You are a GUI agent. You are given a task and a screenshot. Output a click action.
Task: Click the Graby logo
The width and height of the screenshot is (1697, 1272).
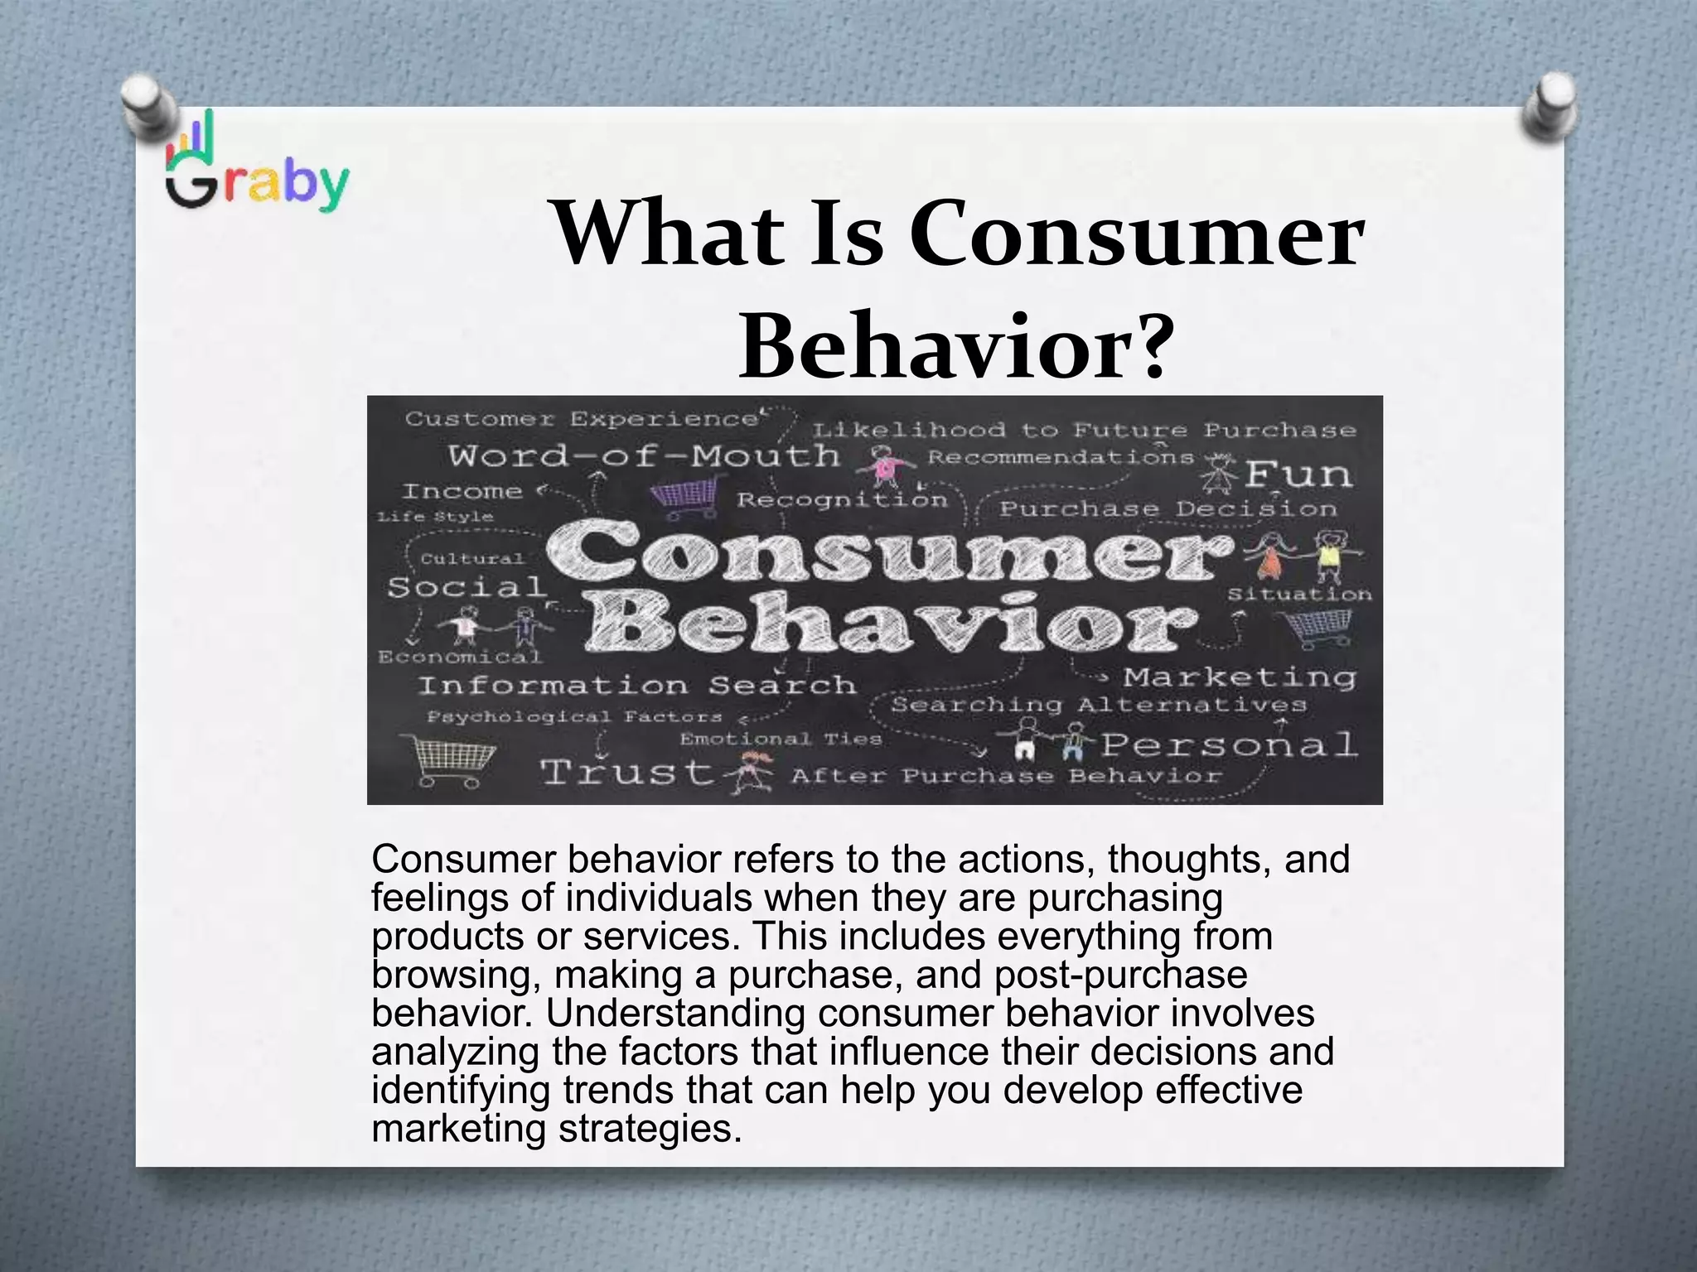pyautogui.click(x=257, y=166)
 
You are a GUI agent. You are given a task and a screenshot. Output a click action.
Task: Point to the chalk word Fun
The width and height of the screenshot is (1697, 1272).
pyautogui.click(x=1298, y=475)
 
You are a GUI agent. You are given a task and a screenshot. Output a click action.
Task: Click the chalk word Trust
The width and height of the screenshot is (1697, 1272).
pyautogui.click(x=626, y=772)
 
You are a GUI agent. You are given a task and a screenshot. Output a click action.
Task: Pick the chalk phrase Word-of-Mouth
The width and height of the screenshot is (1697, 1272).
pyautogui.click(x=644, y=455)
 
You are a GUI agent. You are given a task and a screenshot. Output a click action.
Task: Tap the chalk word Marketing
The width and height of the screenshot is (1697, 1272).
pyautogui.click(x=1240, y=677)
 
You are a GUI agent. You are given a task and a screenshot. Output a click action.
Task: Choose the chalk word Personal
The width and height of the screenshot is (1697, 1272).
pyautogui.click(x=1229, y=744)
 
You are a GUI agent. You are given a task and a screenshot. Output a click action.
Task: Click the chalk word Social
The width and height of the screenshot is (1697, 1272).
pyautogui.click(x=467, y=588)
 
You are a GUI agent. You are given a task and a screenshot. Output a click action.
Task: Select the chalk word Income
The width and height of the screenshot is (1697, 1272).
pyautogui.click(x=462, y=491)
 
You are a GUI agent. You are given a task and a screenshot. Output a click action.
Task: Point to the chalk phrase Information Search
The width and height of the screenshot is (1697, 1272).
pyautogui.click(x=636, y=685)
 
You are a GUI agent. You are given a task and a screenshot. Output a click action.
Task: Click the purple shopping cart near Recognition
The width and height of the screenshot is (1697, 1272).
pyautogui.click(x=684, y=499)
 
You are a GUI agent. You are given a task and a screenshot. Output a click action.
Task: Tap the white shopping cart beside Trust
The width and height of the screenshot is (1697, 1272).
pyautogui.click(x=448, y=759)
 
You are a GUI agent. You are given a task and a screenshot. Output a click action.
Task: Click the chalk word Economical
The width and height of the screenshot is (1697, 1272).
pyautogui.click(x=460, y=657)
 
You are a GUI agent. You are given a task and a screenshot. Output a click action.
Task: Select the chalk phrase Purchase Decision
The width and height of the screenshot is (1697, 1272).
pyautogui.click(x=1168, y=508)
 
